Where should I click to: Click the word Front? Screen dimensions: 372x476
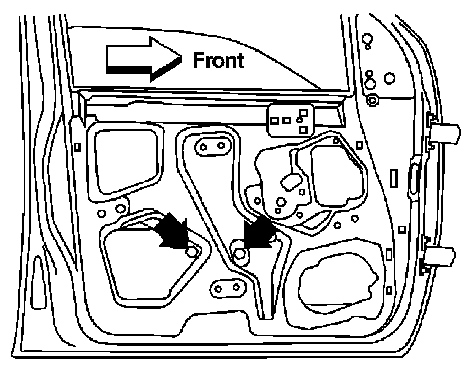click(218, 61)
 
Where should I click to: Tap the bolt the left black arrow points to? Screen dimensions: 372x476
click(191, 252)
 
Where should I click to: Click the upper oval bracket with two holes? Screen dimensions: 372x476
click(213, 146)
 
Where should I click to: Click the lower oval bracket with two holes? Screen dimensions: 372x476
click(227, 287)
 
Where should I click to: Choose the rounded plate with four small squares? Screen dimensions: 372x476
click(290, 120)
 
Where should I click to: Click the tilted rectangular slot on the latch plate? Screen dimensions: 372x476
click(291, 181)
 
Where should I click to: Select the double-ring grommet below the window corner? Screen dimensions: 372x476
click(372, 101)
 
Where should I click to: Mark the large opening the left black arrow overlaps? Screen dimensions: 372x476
click(149, 266)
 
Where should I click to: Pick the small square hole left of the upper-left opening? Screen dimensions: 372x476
click(77, 147)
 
